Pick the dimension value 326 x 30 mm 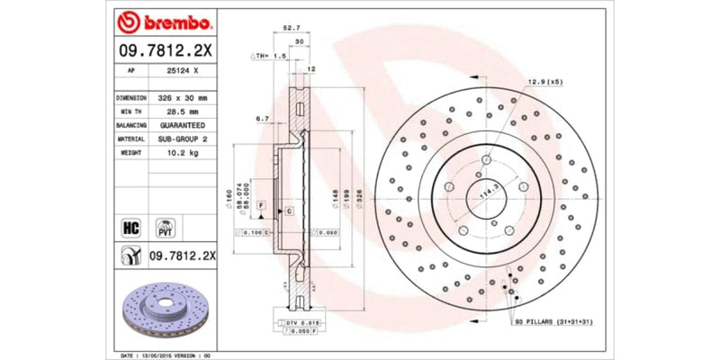coord(182,97)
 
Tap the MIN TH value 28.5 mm coord(182,111)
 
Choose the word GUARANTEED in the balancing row coord(182,125)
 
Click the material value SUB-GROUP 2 coord(182,139)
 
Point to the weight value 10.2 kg coord(182,153)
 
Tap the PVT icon coord(166,227)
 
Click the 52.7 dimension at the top coord(291,28)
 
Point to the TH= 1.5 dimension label coord(267,55)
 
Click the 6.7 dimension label coord(263,118)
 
